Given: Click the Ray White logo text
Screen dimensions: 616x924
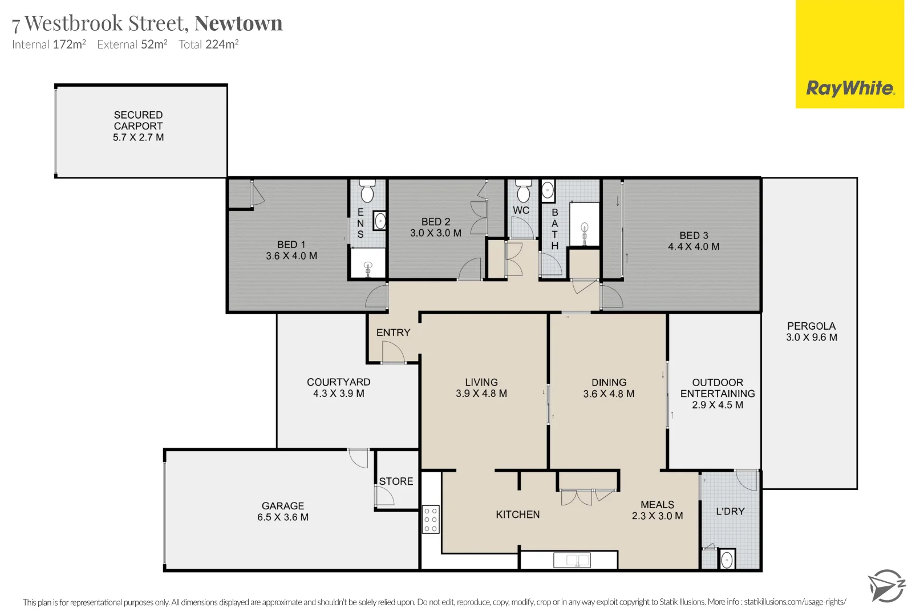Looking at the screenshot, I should (850, 88).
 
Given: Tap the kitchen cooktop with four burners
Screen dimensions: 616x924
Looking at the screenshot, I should (431, 520).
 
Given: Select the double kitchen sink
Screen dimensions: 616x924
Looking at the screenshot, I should (572, 561).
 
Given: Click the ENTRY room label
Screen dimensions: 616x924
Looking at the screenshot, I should (393, 333).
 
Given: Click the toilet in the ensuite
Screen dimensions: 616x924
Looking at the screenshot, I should (367, 192).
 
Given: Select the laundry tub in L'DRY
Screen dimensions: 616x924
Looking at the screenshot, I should (727, 560).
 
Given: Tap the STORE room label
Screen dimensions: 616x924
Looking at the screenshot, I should (396, 481).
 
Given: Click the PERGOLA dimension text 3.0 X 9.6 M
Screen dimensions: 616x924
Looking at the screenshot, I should (811, 337).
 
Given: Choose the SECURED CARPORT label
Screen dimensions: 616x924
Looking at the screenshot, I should (138, 120).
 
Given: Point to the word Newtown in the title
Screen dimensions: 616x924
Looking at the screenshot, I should (238, 23).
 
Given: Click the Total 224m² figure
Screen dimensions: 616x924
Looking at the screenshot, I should (208, 44).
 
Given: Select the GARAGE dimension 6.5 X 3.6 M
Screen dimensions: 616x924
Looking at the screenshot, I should (283, 517).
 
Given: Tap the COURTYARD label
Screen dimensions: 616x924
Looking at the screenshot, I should (338, 382).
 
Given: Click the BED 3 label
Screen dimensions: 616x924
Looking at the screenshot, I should (694, 236).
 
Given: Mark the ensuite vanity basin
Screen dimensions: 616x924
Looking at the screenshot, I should (380, 220).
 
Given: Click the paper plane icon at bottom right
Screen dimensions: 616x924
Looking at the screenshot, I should (886, 586).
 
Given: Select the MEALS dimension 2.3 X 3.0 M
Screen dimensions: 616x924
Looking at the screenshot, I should (657, 516).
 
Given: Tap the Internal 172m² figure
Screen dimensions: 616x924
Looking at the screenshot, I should (49, 44).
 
